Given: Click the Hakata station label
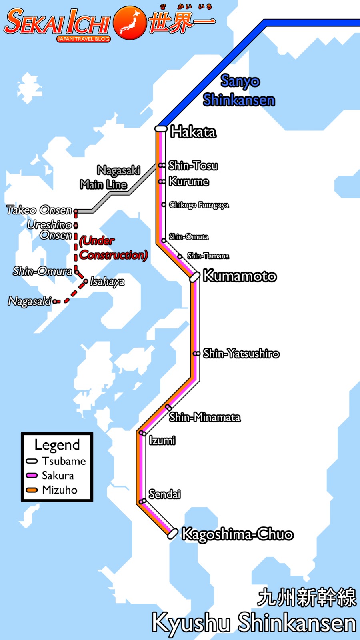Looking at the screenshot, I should click(193, 132).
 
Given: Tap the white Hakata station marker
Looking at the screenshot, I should click(161, 128).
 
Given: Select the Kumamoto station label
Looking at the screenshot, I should click(240, 276).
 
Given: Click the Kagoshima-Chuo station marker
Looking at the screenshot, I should click(172, 534).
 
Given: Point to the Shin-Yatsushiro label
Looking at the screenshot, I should click(241, 354).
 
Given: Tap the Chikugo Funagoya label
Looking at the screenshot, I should click(199, 205).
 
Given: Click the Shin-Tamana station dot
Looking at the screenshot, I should click(180, 256).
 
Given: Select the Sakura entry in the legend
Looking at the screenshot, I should click(58, 476).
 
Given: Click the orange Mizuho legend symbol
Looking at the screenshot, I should click(32, 490).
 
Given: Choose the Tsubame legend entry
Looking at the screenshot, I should click(64, 461).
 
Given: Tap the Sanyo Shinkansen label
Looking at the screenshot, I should click(239, 91).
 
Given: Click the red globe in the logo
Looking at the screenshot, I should click(130, 22).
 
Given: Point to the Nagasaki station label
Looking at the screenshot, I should click(30, 301).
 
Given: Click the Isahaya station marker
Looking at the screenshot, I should click(85, 282).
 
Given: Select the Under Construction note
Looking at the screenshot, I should click(113, 248).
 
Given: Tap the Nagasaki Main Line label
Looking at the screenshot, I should click(110, 177).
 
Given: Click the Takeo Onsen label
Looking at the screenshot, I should click(39, 210).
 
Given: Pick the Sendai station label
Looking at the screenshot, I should click(164, 494).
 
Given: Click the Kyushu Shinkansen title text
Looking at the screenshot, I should click(254, 623).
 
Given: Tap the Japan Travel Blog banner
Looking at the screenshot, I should click(83, 39).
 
